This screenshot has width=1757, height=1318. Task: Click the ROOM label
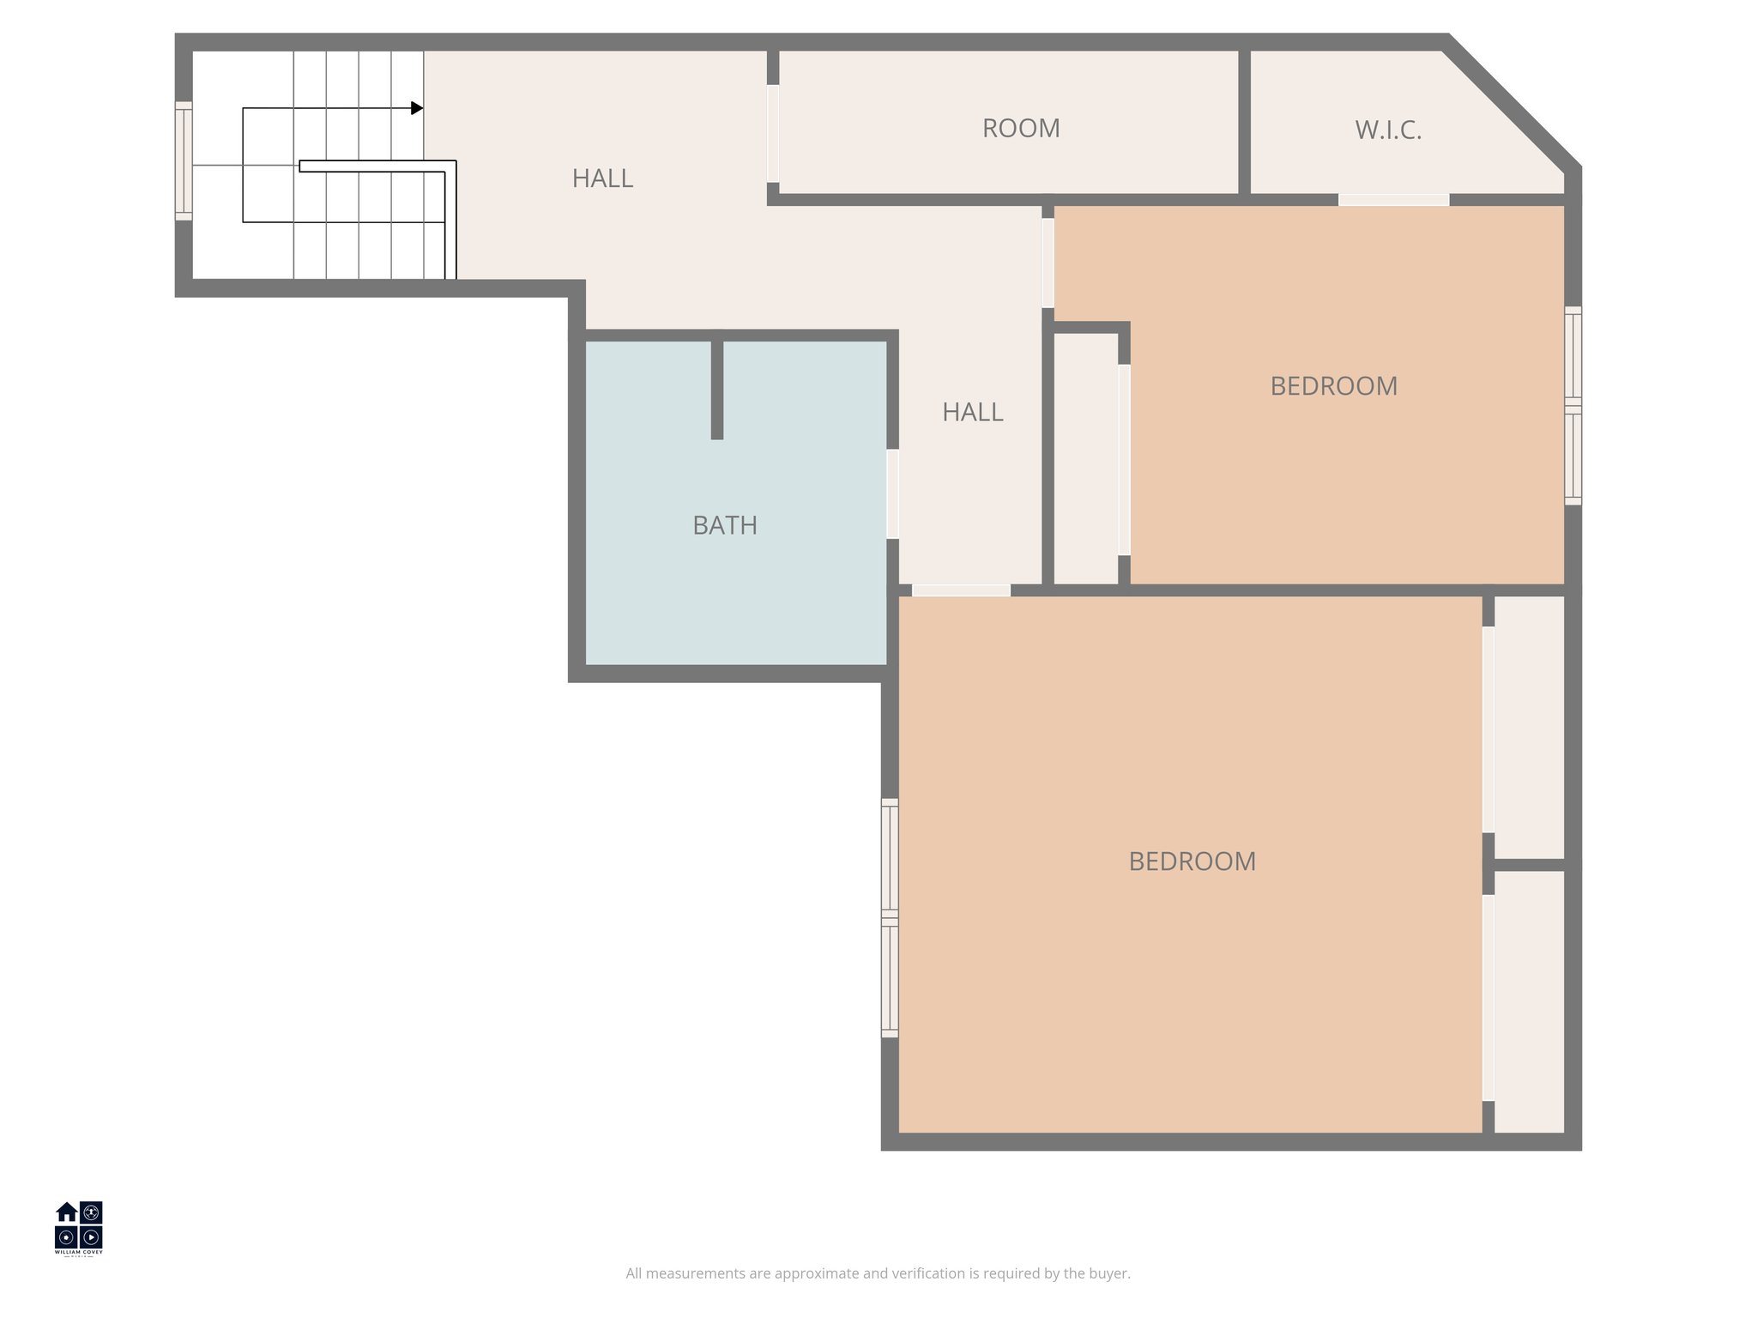coord(1021,129)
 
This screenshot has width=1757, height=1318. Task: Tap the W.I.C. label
coord(1388,130)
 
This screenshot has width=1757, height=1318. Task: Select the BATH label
coord(725,525)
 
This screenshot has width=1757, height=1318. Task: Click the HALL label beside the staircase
coord(602,178)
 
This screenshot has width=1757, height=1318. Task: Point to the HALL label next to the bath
coord(972,413)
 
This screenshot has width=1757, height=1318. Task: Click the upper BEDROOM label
coord(1333,386)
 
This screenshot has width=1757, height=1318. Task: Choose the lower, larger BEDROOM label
coord(1192,862)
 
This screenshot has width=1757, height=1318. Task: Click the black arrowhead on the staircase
coord(417,108)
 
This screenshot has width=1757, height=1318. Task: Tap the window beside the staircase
coord(183,160)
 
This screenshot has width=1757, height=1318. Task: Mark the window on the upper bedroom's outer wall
coord(1573,405)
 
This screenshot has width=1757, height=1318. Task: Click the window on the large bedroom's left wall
coord(890,918)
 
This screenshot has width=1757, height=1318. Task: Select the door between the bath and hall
coord(892,494)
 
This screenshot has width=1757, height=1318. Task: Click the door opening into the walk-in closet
coord(1393,200)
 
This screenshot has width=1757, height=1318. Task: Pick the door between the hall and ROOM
coord(773,133)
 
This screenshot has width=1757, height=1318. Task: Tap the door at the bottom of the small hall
coord(961,590)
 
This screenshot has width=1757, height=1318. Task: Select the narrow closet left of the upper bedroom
coord(1085,458)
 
